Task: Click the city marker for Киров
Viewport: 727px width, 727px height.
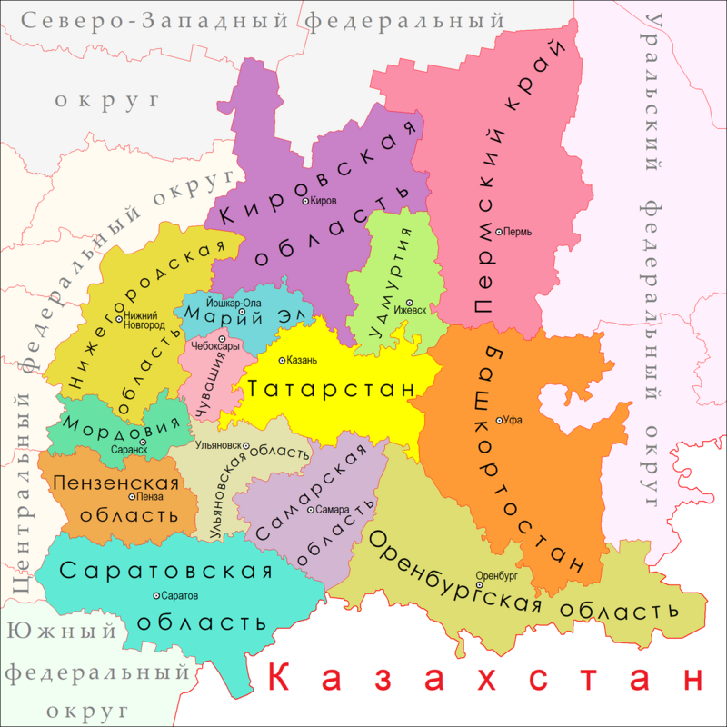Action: [305, 201]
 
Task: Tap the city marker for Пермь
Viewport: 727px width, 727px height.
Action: [499, 232]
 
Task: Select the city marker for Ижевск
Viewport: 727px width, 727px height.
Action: [409, 303]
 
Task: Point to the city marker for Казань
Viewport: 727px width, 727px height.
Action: [281, 360]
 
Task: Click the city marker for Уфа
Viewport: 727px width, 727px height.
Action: [499, 420]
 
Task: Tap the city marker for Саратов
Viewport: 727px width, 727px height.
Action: [156, 595]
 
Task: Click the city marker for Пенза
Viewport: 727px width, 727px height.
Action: [133, 496]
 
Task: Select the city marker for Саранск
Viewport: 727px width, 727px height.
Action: [143, 443]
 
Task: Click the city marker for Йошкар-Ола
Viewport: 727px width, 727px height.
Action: [243, 314]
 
